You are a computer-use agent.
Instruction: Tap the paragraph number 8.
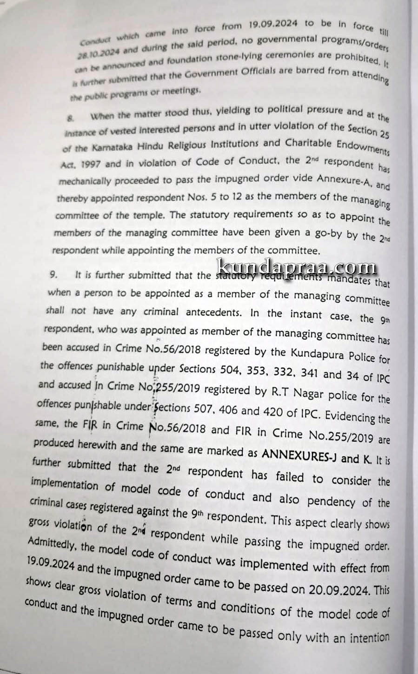(70, 119)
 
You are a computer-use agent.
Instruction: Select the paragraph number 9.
(54, 275)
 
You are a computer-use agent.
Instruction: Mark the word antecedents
(213, 312)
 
